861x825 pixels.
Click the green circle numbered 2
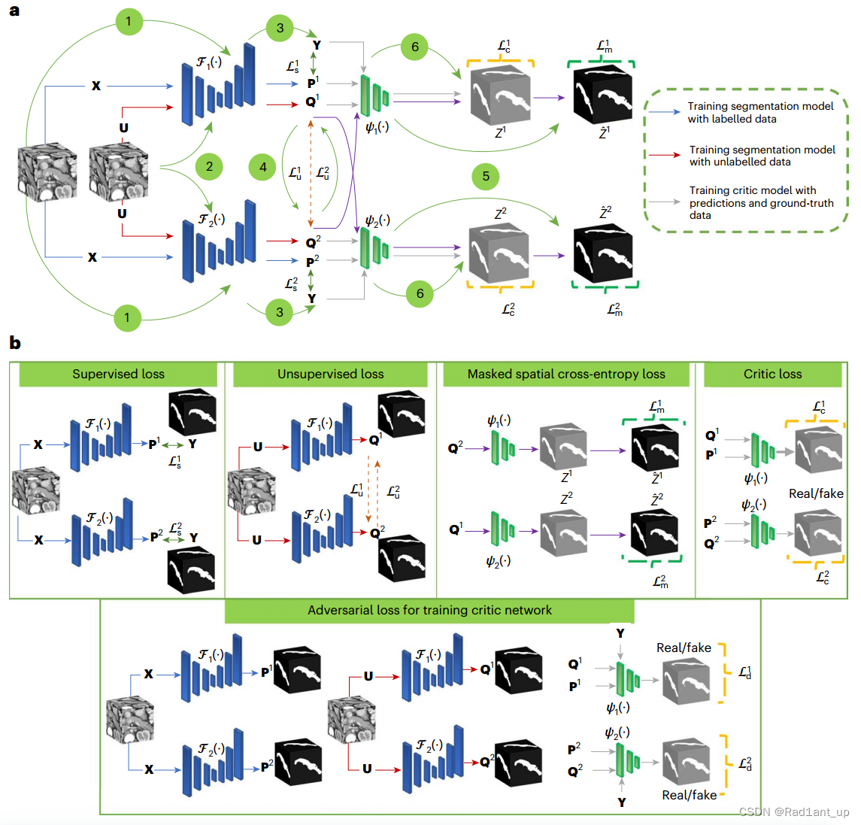(x=209, y=166)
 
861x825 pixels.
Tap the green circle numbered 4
(x=263, y=167)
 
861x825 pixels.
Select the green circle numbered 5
(x=486, y=176)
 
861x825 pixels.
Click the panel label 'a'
(x=14, y=12)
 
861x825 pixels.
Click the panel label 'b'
(x=14, y=343)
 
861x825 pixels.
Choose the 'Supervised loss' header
(x=118, y=374)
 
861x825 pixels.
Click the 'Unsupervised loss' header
(x=330, y=374)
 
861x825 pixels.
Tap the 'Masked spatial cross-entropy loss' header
(x=565, y=374)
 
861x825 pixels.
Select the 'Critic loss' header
(x=772, y=374)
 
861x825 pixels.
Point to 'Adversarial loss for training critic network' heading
(x=429, y=610)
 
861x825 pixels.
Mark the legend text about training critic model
(x=759, y=202)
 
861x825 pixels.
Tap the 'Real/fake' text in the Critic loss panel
(x=815, y=493)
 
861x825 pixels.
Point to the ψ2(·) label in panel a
(x=377, y=220)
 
